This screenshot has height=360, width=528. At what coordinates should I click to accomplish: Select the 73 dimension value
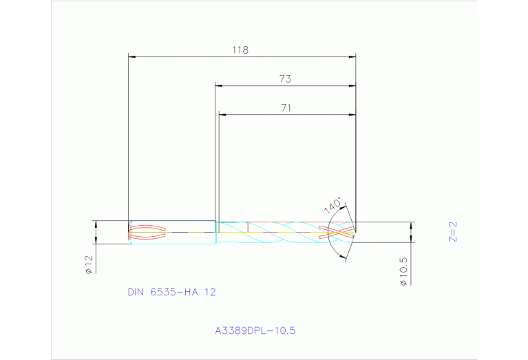(285, 79)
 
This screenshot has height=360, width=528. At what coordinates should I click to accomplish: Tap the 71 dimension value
(286, 107)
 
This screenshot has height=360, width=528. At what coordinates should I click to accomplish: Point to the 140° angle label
(332, 206)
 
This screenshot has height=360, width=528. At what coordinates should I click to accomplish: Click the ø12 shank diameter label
(88, 264)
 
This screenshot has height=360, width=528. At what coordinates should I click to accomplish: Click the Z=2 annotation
(452, 232)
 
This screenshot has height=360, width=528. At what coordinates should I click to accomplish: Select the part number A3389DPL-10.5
(255, 330)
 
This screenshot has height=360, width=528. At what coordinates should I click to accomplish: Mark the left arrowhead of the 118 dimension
(132, 56)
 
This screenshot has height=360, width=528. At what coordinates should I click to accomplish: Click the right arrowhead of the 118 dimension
(352, 56)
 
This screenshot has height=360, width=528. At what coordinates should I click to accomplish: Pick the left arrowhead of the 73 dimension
(219, 85)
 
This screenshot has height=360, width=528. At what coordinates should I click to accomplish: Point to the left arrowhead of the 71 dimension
(222, 114)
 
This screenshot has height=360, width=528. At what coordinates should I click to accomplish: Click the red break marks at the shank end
(147, 232)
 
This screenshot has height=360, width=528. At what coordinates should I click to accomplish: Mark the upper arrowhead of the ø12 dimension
(96, 224)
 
